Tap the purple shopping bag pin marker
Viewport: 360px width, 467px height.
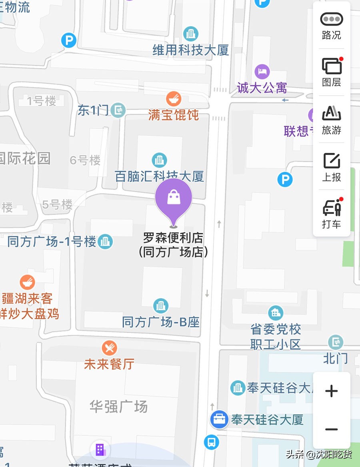coord(174,198)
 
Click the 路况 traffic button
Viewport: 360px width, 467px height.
coord(332,25)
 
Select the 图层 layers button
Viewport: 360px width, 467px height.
coord(332,72)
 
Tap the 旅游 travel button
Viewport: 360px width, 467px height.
coord(332,120)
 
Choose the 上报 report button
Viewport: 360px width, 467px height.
coord(332,167)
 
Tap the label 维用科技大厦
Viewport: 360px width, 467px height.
coord(191,50)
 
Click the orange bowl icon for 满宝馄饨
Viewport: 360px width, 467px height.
coord(174,98)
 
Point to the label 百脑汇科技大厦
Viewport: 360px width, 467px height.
coord(160,176)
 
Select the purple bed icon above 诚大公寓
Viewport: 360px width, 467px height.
coord(262,72)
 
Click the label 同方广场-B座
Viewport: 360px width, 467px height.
coord(161,322)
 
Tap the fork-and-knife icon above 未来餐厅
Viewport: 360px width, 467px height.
coord(109,347)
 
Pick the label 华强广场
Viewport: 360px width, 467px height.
coord(118,407)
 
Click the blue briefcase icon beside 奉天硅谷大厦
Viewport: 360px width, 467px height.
coord(219,419)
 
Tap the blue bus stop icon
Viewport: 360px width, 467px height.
coord(211,442)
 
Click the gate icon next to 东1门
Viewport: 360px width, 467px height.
coord(118,110)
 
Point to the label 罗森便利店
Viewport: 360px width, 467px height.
coord(173,239)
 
